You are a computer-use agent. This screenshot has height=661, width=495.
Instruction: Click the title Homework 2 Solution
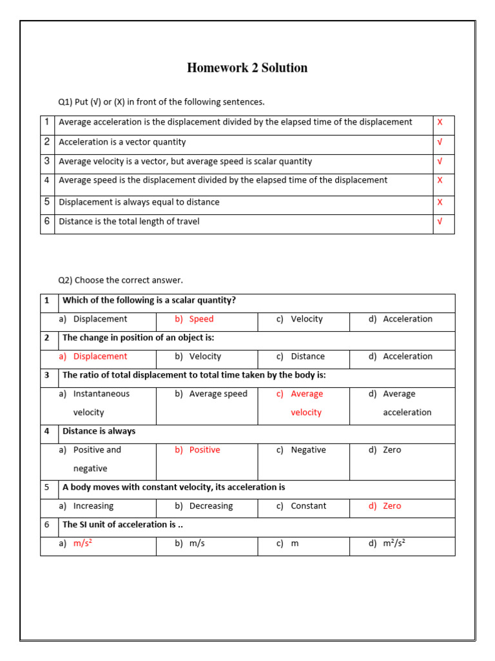coord(247,68)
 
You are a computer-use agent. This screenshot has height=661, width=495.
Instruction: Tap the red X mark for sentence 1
coord(440,122)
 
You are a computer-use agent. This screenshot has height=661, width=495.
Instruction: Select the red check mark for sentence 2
coord(440,142)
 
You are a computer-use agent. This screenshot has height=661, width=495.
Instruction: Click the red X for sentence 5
coord(440,202)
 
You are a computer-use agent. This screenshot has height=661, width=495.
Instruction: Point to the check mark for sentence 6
coord(440,221)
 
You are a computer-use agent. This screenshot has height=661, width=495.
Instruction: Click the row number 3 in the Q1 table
coord(47,161)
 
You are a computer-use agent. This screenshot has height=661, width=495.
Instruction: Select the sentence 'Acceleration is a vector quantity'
coord(122,142)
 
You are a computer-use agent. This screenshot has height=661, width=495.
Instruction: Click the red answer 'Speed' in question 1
coord(201,319)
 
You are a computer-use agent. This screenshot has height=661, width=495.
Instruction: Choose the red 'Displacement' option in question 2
coord(100,356)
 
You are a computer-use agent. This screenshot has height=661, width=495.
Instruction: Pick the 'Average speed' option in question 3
coord(218,394)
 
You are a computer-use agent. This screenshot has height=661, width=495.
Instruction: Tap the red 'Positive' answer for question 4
coord(204,450)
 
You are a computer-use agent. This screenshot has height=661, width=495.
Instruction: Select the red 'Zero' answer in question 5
coord(392,506)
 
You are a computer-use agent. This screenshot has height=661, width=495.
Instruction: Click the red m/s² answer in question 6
coord(82,544)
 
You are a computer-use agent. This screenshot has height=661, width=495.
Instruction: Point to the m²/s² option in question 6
coord(394,544)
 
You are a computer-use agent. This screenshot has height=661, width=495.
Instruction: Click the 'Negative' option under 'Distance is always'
coord(308,450)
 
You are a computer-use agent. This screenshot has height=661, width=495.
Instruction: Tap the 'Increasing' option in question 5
coord(93,506)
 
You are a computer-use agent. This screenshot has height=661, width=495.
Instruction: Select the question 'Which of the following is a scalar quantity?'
coord(149,300)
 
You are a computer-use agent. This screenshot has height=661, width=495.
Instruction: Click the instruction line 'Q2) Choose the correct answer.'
coord(121,280)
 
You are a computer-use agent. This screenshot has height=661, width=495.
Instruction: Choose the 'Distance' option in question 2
coord(307,356)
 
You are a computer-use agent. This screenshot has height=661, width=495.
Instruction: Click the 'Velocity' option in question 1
coord(306,319)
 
